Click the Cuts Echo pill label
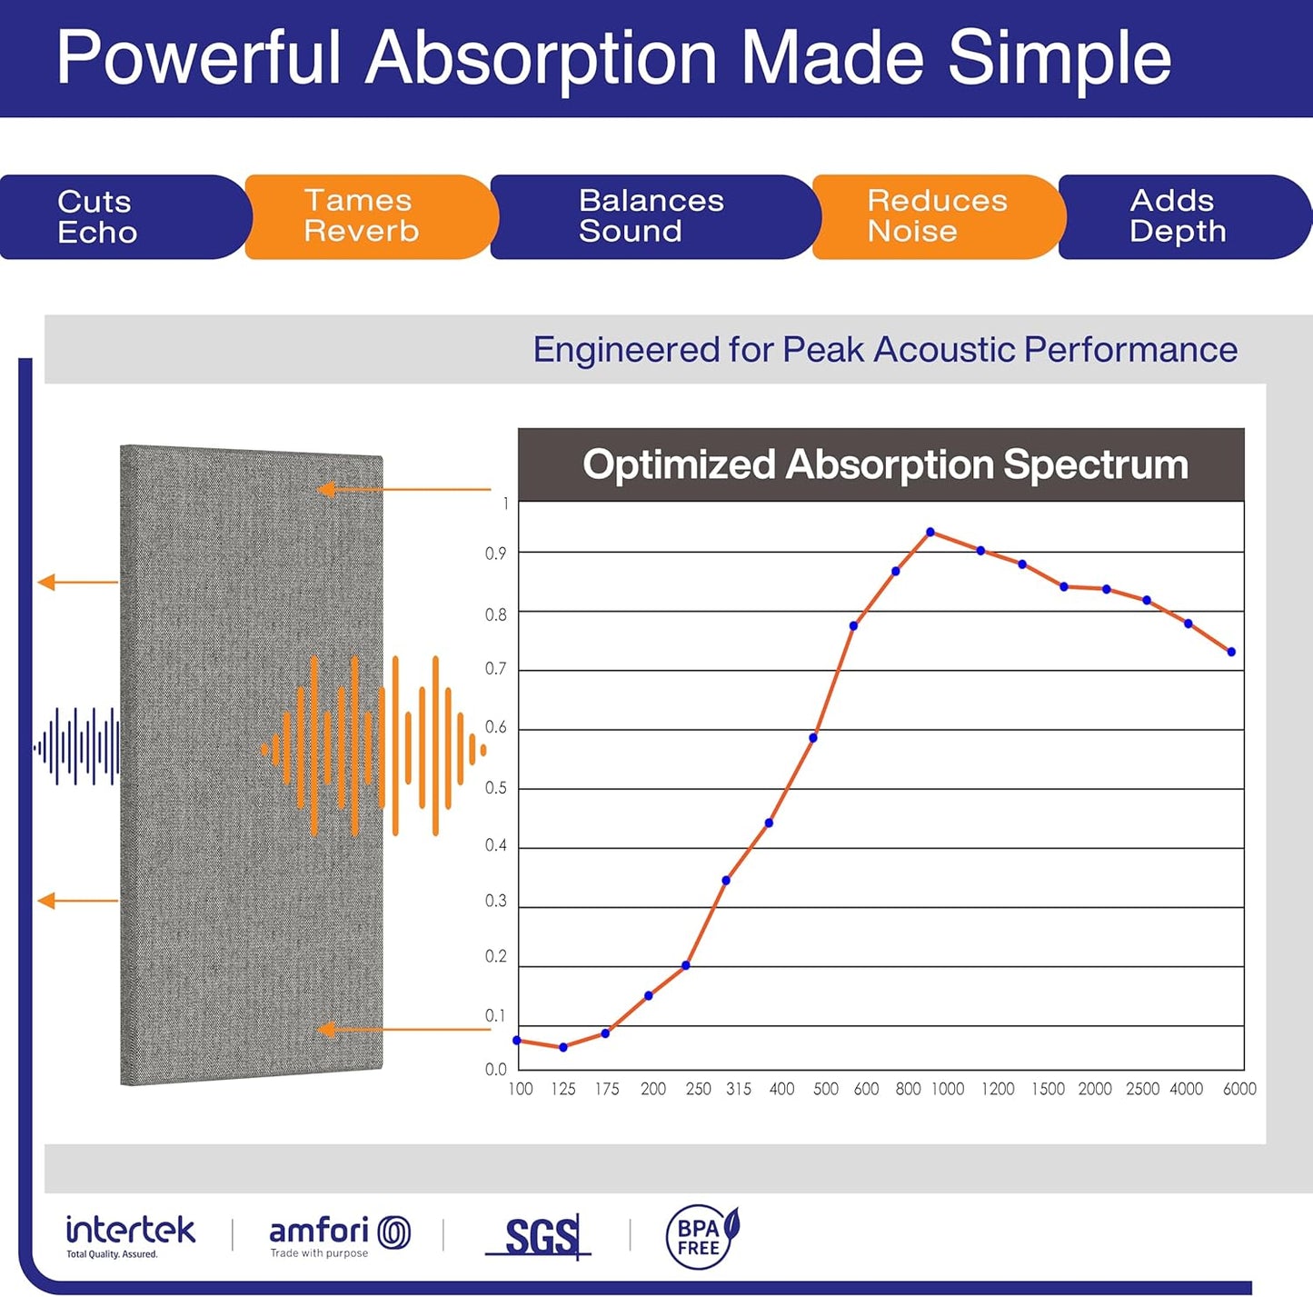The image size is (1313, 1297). pyautogui.click(x=97, y=217)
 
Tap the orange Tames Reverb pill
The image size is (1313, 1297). pyautogui.click(x=361, y=216)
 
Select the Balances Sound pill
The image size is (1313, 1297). pyautogui.click(x=651, y=216)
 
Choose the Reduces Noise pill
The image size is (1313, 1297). pyautogui.click(x=937, y=216)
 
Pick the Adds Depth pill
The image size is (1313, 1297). pyautogui.click(x=1178, y=216)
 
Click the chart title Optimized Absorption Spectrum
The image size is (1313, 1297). pyautogui.click(x=885, y=464)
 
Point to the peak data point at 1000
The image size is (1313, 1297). pyautogui.click(x=930, y=533)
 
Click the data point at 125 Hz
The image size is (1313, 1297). pyautogui.click(x=563, y=1047)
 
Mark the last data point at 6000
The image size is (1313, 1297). pyautogui.click(x=1231, y=652)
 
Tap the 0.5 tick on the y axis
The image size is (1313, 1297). pyautogui.click(x=496, y=788)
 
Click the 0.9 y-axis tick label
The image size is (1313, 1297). pyautogui.click(x=496, y=554)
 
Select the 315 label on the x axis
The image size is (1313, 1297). pyautogui.click(x=739, y=1089)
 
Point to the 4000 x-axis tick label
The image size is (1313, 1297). pyautogui.click(x=1186, y=1089)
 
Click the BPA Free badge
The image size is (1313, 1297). pyautogui.click(x=701, y=1237)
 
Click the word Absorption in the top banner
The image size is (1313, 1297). pyautogui.click(x=542, y=58)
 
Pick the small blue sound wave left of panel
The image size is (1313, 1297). pyautogui.click(x=77, y=747)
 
